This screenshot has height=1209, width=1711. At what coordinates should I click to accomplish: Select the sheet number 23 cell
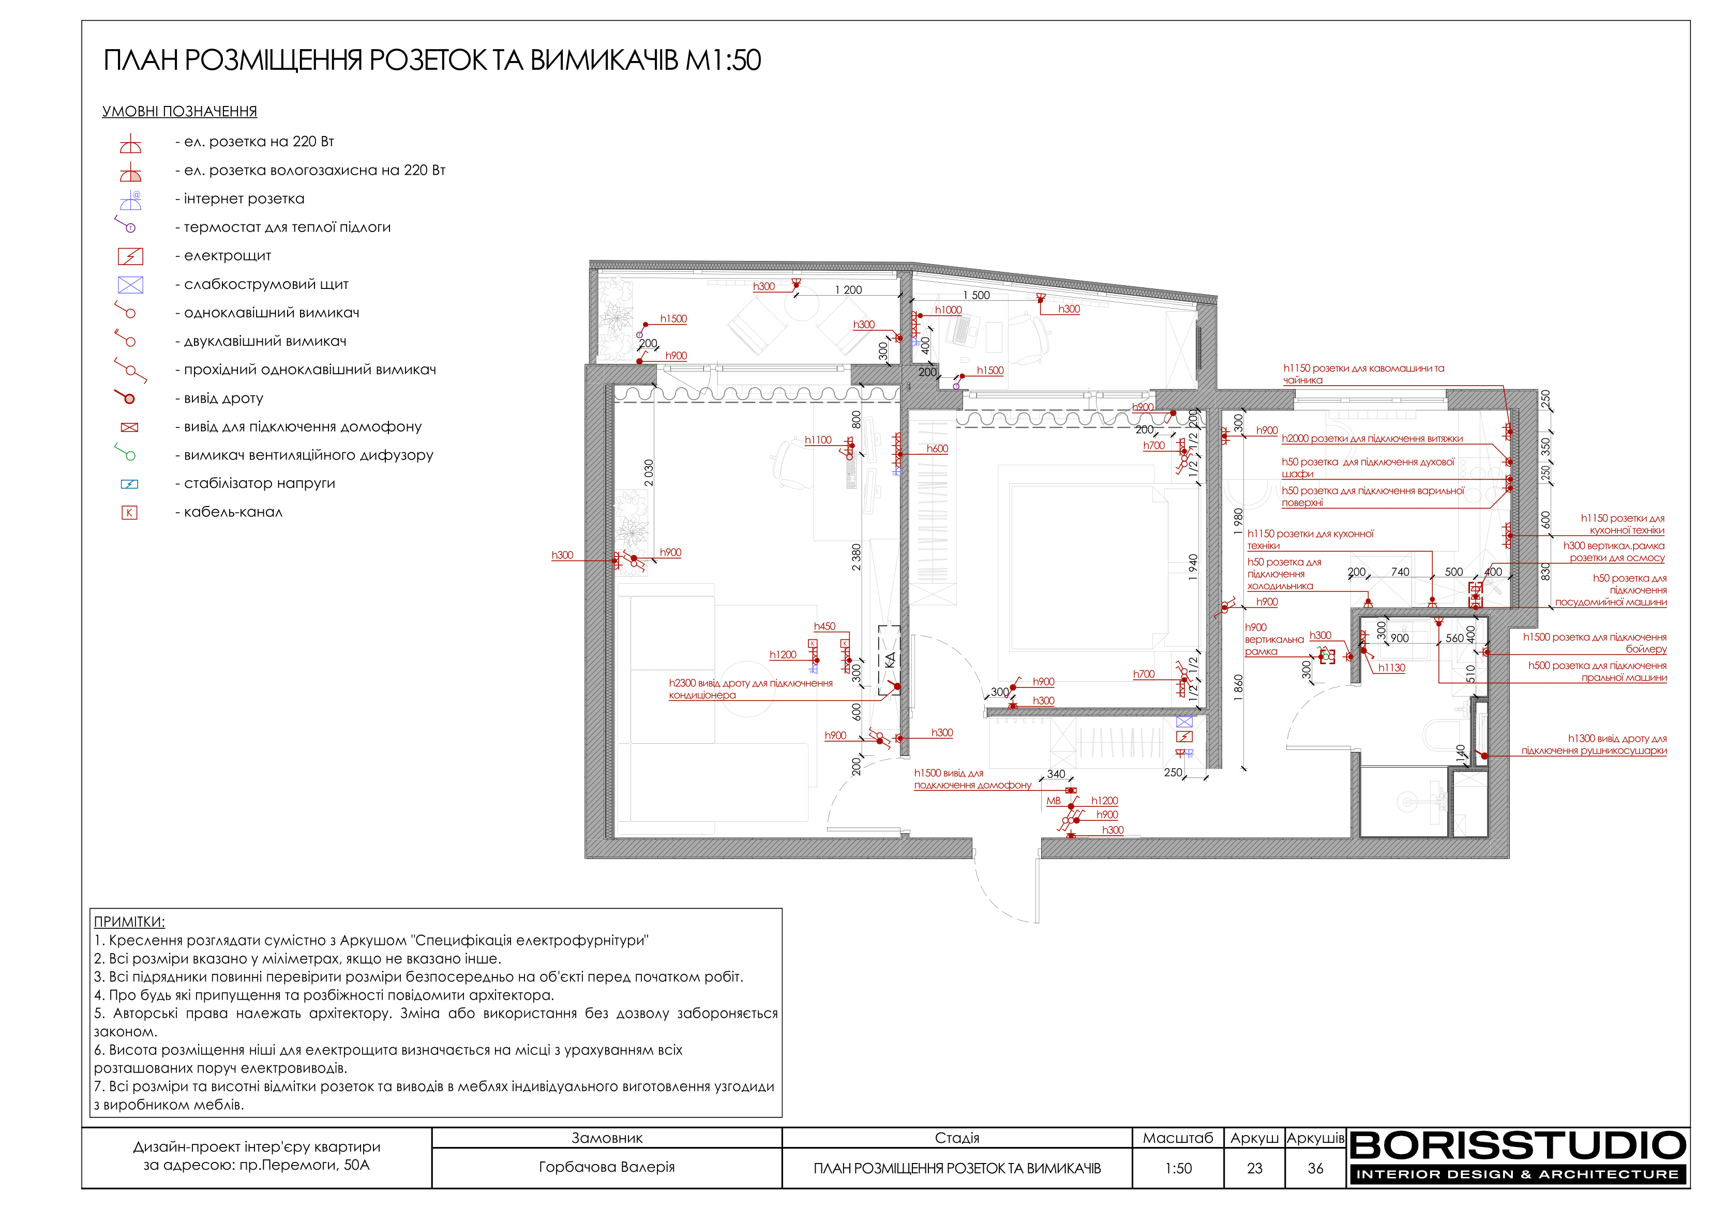pos(1254,1168)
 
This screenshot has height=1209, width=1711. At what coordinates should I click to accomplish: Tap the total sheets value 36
pos(1315,1168)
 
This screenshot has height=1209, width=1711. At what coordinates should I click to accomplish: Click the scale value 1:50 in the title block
pos(1178,1168)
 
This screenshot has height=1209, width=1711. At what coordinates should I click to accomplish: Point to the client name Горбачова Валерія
pos(607,1167)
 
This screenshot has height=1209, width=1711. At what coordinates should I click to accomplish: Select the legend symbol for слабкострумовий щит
pos(130,285)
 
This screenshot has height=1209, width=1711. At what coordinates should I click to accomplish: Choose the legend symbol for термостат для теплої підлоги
pos(125,223)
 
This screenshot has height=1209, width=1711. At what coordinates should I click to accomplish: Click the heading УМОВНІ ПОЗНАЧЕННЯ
pos(179,112)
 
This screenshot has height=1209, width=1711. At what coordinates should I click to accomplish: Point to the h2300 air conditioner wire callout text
pos(751,689)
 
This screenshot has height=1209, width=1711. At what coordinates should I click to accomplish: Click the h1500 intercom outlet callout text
pos(972,779)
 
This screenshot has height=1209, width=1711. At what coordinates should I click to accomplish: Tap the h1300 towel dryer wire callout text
pos(1594,744)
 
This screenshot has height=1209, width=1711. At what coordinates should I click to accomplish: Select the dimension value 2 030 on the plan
pos(648,473)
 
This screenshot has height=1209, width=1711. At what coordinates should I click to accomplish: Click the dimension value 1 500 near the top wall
pos(976,296)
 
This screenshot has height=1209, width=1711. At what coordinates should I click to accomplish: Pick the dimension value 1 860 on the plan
pos(1239,687)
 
